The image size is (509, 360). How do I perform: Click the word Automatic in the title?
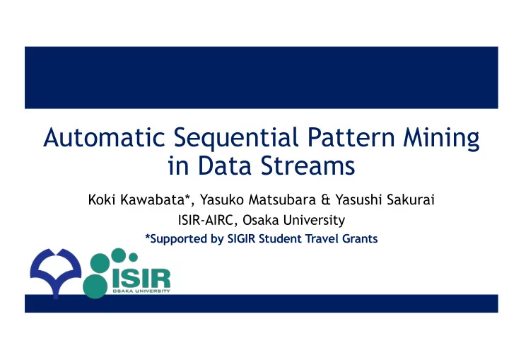[x=104, y=137]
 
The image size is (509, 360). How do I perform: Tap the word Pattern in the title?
[x=351, y=137]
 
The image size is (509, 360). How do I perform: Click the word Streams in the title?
[x=308, y=166]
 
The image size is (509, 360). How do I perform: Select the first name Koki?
[x=102, y=199]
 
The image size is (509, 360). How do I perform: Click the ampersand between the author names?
[x=326, y=199]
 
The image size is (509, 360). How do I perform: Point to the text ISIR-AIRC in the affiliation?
[x=206, y=220]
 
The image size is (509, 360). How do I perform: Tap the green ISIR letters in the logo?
[x=141, y=279]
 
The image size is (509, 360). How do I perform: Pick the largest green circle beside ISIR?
[x=95, y=286]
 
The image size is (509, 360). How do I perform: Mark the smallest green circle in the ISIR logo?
[x=133, y=257]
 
